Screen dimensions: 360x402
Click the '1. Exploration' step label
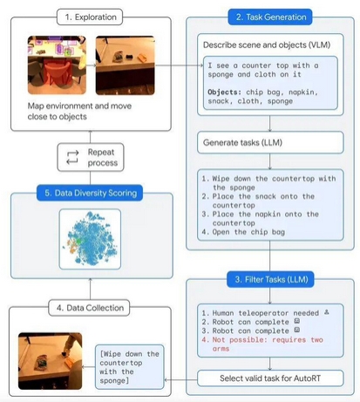[x=90, y=17]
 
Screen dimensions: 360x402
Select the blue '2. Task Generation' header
[x=270, y=17]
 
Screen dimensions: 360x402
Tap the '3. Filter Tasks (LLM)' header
[x=270, y=280]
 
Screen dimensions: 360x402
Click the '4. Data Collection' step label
[x=89, y=308]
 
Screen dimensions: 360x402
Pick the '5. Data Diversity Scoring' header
[x=90, y=193]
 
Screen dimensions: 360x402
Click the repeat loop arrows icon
[x=72, y=157]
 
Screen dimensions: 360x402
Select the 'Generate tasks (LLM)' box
[x=270, y=142]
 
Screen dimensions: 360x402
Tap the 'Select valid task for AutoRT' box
[x=270, y=378]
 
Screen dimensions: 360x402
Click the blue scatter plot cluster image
[x=90, y=239]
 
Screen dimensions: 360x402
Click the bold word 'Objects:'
[x=225, y=92]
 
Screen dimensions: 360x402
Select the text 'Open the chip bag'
[x=248, y=232]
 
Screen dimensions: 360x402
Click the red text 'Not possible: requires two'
[x=268, y=340]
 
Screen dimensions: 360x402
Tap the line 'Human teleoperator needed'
[x=265, y=313]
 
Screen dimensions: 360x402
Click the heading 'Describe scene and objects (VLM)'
[x=267, y=45]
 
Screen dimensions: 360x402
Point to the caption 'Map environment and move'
[x=79, y=106]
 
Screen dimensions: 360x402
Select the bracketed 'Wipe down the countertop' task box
[x=130, y=367]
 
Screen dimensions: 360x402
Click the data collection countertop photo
[x=51, y=361]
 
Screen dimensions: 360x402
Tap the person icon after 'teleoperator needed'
[x=327, y=312]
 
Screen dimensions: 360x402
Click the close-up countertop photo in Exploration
[x=126, y=65]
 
